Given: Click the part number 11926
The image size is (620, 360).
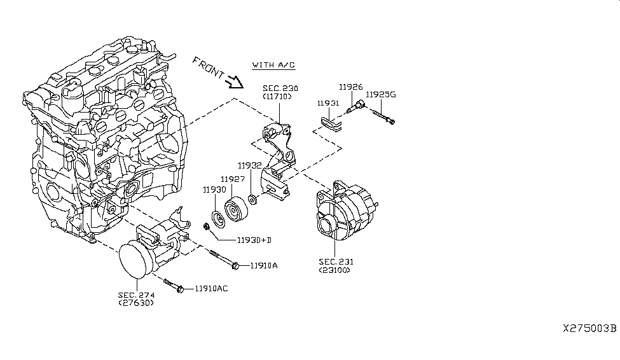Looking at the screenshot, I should [x=350, y=87].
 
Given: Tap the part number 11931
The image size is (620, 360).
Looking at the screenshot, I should [x=328, y=102].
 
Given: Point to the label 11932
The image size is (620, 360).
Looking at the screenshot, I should [x=251, y=165].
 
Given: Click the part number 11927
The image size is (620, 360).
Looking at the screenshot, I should [x=232, y=179].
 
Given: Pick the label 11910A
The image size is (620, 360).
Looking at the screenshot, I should [x=264, y=265].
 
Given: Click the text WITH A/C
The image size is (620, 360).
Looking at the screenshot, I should [x=273, y=65].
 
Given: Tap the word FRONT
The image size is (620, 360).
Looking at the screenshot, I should [x=208, y=68].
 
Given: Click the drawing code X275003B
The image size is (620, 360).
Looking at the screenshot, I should [x=589, y=328].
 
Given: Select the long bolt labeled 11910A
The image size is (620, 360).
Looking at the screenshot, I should [x=222, y=259].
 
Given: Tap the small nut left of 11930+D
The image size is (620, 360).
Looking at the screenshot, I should [x=207, y=226].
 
